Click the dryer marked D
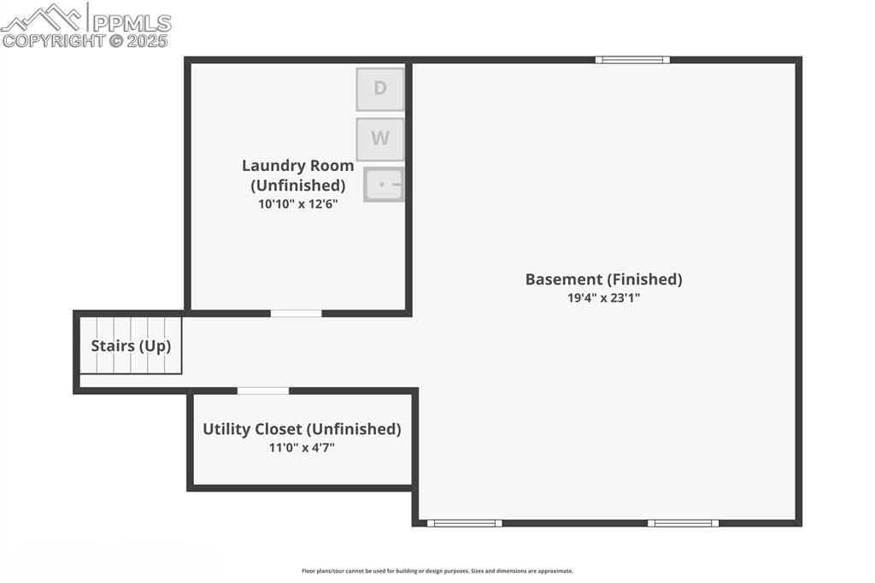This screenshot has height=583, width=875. [380, 89]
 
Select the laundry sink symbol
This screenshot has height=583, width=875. [384, 185]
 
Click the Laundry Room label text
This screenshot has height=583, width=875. [297, 166]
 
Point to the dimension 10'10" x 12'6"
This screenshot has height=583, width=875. [298, 204]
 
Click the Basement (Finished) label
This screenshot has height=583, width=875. [603, 280]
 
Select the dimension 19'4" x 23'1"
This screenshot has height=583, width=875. [603, 298]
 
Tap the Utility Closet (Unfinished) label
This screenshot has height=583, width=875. [302, 429]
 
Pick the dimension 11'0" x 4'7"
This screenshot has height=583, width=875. [302, 448]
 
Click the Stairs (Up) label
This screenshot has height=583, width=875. [131, 346]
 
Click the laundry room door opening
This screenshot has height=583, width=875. [297, 314]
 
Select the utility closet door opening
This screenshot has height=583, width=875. [263, 392]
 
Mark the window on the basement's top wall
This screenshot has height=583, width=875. [632, 60]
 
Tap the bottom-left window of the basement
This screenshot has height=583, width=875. [464, 523]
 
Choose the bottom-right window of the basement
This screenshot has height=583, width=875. [683, 523]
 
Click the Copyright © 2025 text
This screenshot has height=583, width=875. [85, 40]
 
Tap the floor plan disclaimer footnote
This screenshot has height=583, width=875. [437, 571]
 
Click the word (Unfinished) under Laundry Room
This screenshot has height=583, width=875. [297, 185]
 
